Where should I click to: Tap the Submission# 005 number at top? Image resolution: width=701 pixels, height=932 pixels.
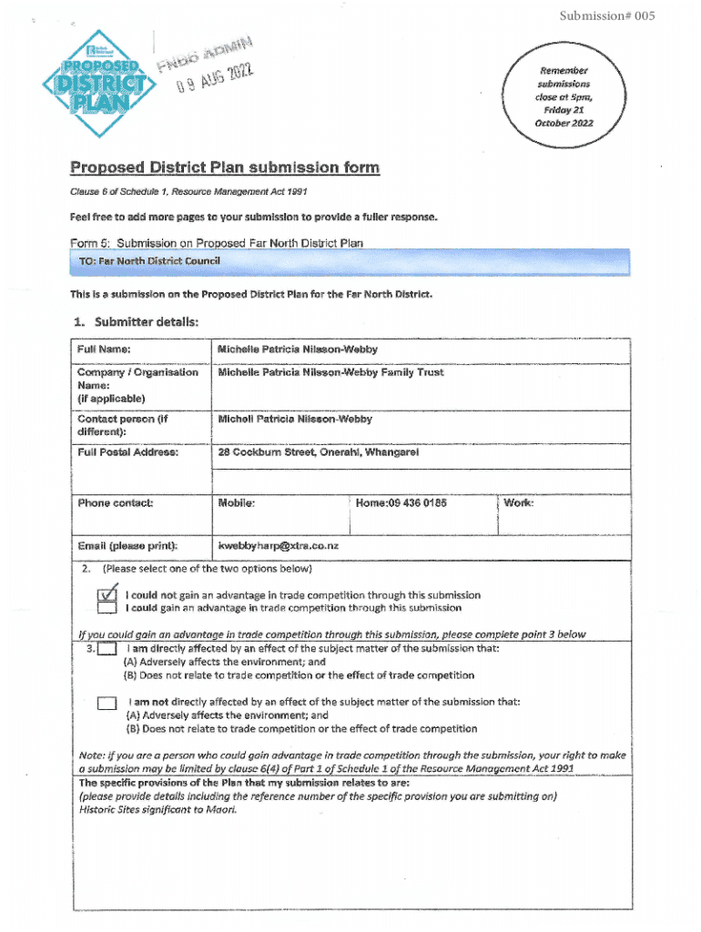point(607,16)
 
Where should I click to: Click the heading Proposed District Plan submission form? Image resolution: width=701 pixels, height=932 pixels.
point(225,167)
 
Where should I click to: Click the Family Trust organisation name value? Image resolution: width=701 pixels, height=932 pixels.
point(330,373)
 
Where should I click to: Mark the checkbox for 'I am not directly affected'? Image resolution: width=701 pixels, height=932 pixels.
point(108,702)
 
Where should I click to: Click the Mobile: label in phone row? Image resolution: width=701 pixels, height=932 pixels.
point(237,503)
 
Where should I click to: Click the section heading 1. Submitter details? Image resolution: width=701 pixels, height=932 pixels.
point(134,321)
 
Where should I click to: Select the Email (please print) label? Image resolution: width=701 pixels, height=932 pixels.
point(127,546)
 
